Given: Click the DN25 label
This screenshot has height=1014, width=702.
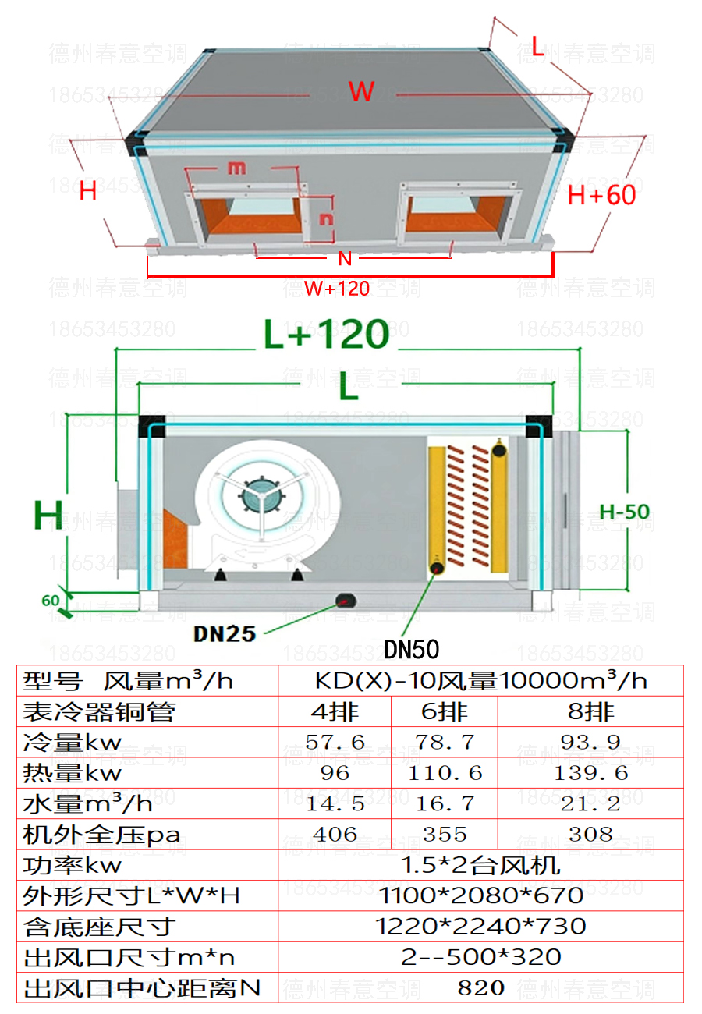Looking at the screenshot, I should click(225, 633).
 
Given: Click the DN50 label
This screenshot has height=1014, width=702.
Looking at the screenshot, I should click(412, 649).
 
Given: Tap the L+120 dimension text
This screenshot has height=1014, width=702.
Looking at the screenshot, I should click(326, 334).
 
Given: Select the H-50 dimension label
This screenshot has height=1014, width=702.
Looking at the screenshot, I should click(624, 512).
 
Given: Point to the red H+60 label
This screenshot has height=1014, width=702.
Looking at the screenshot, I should click(601, 194).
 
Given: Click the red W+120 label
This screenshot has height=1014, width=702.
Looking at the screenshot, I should click(337, 289).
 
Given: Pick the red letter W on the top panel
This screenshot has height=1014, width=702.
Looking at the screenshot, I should click(362, 91).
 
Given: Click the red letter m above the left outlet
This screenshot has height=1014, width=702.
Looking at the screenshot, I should click(236, 167).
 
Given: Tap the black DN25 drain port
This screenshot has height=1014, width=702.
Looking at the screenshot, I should click(344, 599).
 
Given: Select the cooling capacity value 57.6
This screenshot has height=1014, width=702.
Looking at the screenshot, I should click(335, 742).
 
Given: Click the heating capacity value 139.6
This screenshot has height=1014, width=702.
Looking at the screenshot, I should click(590, 773).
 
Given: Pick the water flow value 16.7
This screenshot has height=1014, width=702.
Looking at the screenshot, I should click(445, 804).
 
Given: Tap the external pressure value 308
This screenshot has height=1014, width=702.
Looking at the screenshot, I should click(590, 835).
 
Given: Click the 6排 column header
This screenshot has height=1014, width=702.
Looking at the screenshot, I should click(445, 711).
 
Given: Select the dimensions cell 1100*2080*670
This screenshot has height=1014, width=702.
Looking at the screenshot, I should click(481, 895).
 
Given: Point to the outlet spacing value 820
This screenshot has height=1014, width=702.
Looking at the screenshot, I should click(481, 988).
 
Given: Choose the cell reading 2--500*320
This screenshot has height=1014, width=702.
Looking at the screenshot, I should click(481, 957).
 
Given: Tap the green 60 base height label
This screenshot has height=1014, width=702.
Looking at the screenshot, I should click(50, 601).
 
